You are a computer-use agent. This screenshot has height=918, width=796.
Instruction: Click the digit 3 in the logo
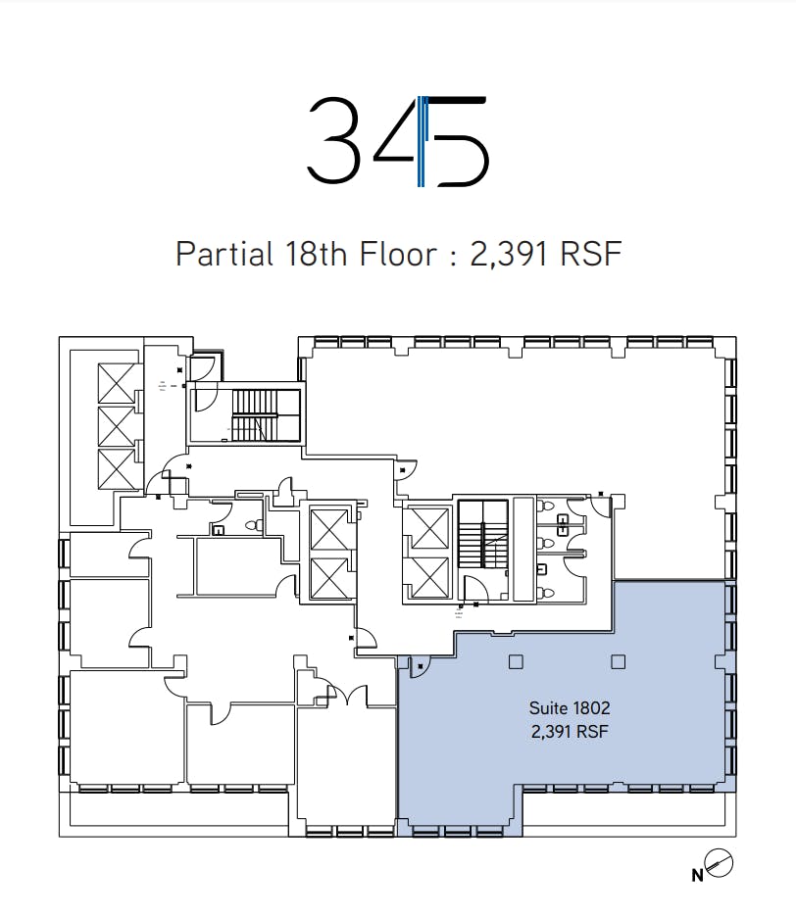click(x=333, y=139)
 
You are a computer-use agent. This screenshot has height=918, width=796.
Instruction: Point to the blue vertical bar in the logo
click(x=421, y=141)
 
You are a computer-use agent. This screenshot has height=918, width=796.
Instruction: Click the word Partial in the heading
click(x=224, y=254)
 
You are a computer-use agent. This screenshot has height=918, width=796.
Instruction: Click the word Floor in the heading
click(x=398, y=254)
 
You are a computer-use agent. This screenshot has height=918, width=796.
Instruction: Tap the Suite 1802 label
click(x=570, y=707)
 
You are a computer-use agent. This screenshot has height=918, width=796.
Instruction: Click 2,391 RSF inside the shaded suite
click(x=570, y=731)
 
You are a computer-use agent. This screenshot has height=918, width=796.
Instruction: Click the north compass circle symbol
click(x=720, y=863)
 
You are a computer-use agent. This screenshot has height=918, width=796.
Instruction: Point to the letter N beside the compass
click(x=697, y=875)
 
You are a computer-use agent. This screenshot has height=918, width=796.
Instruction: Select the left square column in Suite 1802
click(x=516, y=661)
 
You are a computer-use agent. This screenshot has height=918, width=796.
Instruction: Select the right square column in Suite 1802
click(x=618, y=661)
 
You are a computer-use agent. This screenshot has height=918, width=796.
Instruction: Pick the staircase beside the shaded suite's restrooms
click(x=482, y=533)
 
